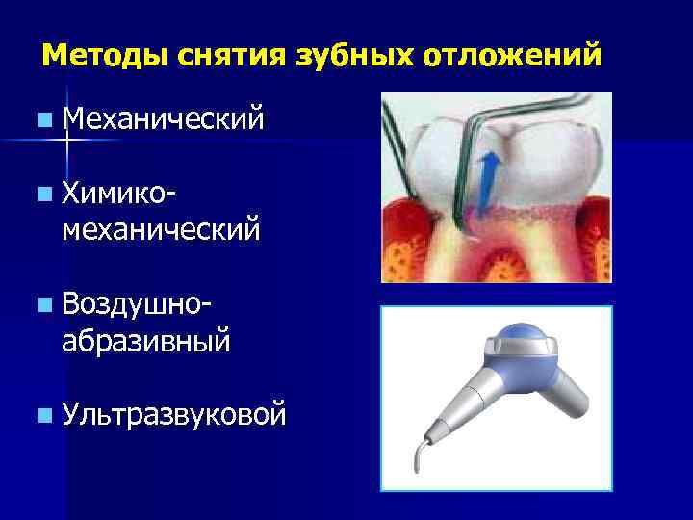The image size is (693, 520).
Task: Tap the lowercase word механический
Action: pos(160,230)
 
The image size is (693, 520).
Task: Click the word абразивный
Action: pos(145,340)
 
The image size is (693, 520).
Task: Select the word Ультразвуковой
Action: pos(173,415)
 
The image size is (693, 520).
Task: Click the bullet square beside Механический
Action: pos(45,122)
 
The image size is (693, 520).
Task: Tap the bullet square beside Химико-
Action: pos(45,197)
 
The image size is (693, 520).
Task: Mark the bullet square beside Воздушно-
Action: pos(45,307)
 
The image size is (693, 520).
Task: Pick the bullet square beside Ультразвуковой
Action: pos(45,417)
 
